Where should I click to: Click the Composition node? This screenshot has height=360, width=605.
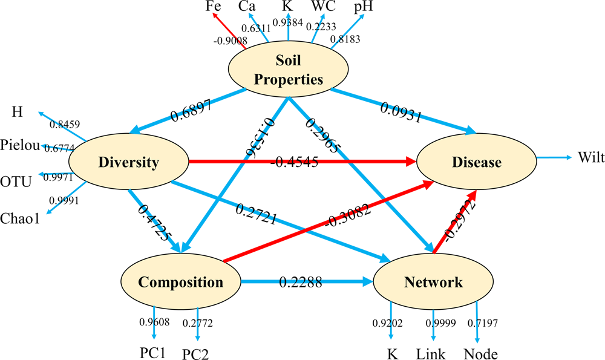pyautogui.click(x=180, y=282)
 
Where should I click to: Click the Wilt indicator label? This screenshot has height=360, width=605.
pyautogui.click(x=589, y=157)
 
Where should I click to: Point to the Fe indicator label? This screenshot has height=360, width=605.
pyautogui.click(x=213, y=7)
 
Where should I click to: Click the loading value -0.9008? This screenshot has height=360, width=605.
pyautogui.click(x=227, y=42)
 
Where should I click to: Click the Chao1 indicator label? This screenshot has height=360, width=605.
pyautogui.click(x=20, y=218)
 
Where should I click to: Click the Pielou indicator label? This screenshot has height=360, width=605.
pyautogui.click(x=21, y=145)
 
